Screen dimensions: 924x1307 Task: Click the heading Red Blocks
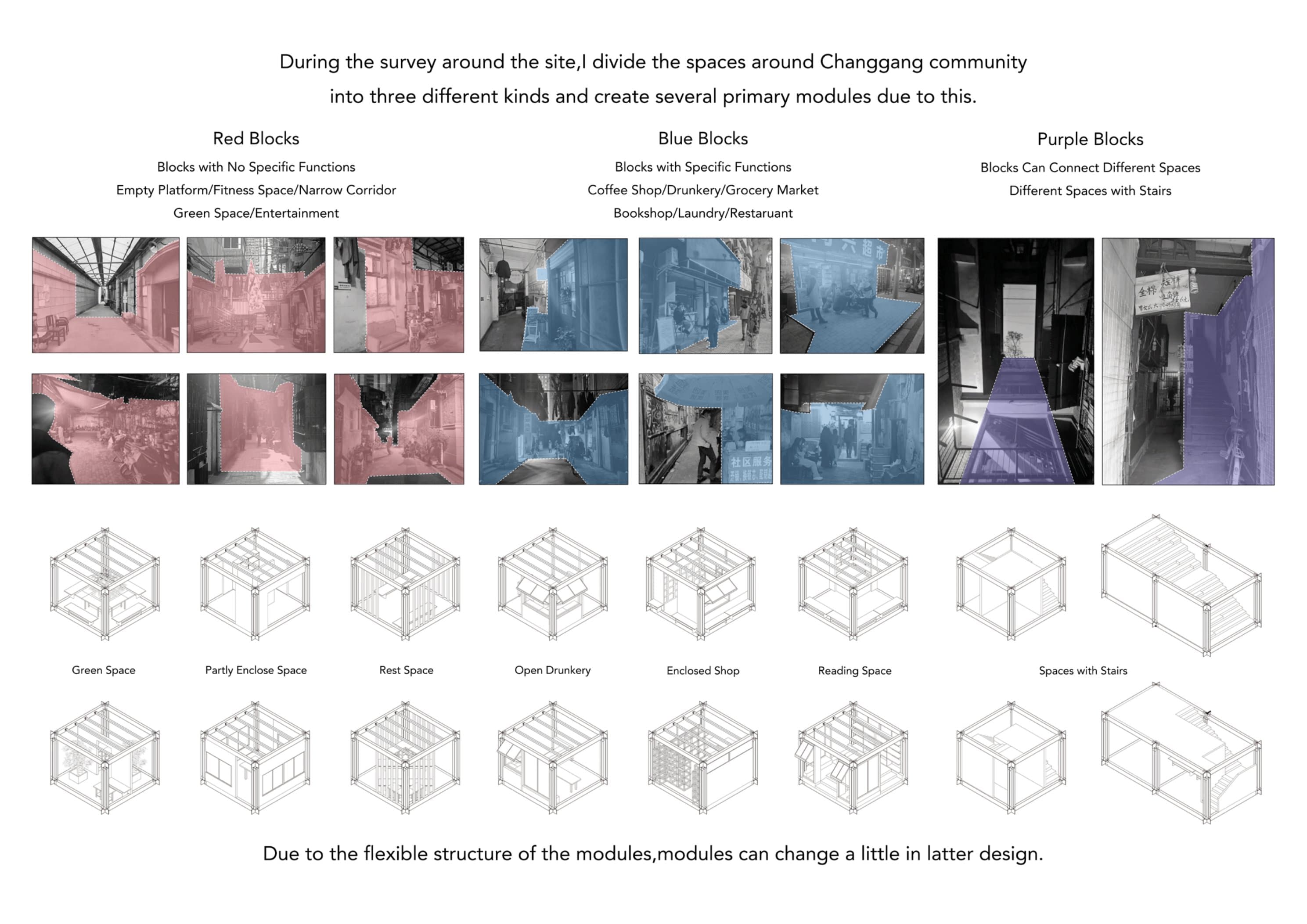click(256, 138)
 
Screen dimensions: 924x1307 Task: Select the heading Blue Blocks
click(702, 138)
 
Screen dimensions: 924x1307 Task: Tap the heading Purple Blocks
click(1090, 139)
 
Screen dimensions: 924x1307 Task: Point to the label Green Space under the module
click(104, 670)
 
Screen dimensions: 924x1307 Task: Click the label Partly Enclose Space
click(256, 670)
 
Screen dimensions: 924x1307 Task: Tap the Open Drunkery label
click(552, 670)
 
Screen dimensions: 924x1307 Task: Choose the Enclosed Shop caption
click(702, 671)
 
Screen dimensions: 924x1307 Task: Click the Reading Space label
click(854, 671)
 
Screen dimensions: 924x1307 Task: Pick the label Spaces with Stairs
click(1083, 671)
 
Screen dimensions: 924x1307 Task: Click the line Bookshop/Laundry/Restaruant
click(702, 213)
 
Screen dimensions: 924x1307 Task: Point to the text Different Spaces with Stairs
click(1090, 191)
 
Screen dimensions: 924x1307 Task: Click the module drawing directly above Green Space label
click(105, 583)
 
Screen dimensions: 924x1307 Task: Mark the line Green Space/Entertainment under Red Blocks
click(256, 213)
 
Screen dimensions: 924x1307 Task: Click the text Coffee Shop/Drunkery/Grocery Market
click(702, 190)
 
